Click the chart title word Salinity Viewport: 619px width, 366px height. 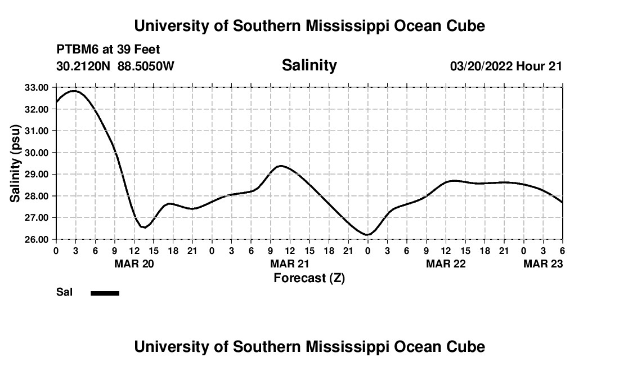tap(309, 65)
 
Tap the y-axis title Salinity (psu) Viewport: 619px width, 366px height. tap(15, 163)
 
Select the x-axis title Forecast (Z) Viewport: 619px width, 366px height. tap(309, 278)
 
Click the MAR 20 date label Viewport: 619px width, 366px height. tap(134, 264)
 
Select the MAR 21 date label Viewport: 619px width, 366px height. tap(290, 264)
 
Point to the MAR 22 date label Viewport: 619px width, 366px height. tap(446, 264)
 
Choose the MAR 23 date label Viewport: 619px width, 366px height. tap(543, 264)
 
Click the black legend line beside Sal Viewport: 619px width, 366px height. tap(105, 293)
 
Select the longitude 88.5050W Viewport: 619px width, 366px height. tap(146, 66)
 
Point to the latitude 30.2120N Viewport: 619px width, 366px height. tap(84, 66)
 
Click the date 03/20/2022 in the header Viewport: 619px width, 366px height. tap(481, 66)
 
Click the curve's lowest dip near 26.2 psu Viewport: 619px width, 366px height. tap(367, 235)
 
